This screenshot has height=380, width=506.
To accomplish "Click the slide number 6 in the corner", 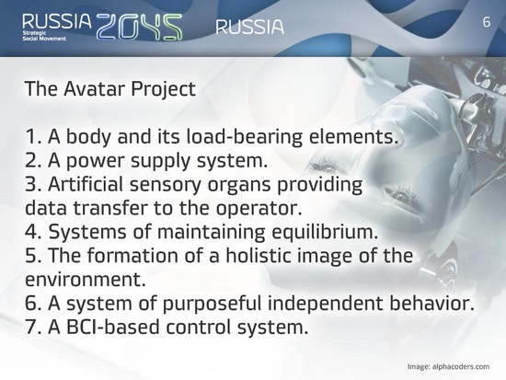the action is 487,22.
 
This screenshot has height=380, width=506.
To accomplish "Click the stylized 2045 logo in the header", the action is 140,27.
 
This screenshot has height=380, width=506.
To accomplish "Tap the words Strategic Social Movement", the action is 44,36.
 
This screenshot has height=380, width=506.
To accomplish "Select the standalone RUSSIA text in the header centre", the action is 249,27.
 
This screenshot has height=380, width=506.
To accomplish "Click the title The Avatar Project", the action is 110,88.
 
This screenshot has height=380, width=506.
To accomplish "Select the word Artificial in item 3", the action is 86,184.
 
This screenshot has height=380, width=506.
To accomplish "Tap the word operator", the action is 259,208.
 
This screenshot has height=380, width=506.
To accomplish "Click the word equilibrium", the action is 325,232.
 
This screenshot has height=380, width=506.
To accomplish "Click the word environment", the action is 86,280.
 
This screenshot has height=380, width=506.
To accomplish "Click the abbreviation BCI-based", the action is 113,327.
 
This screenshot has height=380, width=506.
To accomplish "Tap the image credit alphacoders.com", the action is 461,367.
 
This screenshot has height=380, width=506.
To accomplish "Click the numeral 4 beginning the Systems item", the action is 31,232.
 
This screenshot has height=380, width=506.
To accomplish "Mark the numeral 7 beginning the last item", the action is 31,327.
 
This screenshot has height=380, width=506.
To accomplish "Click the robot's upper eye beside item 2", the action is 327,168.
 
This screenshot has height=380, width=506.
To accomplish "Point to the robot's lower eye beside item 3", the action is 401,195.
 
